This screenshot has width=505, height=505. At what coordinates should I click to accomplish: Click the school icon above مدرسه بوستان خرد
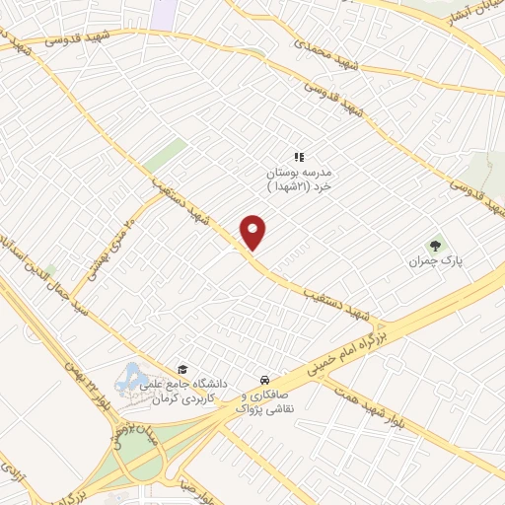(x=300, y=156)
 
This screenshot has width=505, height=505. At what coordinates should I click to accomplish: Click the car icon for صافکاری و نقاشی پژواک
(x=264, y=380)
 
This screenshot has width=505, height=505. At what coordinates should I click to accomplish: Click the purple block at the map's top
(x=165, y=13)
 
